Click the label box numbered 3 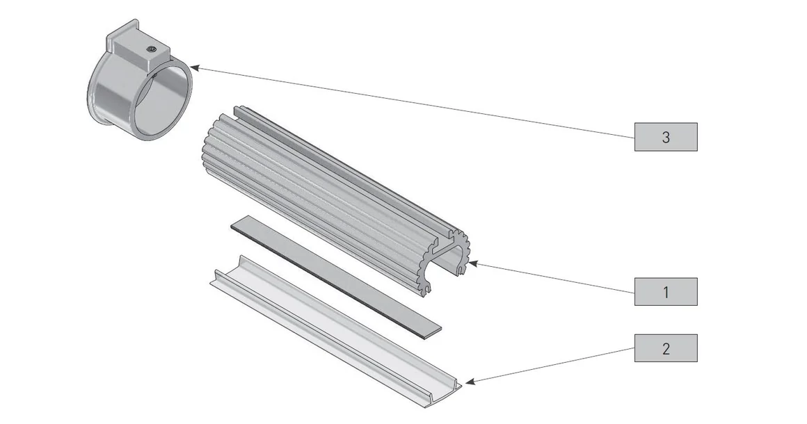665,137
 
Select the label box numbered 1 665,291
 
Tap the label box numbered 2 665,348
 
